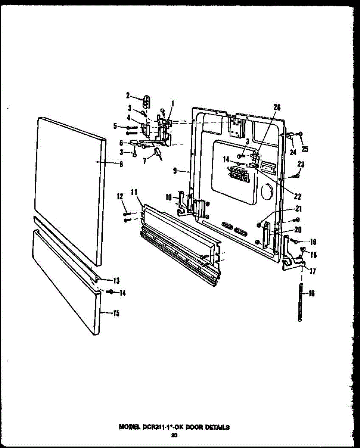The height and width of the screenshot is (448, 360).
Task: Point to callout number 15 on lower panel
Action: pos(116,313)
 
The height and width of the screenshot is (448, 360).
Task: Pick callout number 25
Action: pos(305,149)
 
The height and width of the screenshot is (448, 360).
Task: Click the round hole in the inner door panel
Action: pos(267,192)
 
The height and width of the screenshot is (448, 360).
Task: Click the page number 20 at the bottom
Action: pos(174,435)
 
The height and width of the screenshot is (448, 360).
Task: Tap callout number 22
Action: pos(298,197)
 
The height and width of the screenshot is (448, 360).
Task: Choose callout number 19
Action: pos(313,242)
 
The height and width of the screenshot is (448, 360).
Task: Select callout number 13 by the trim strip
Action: pos(116,280)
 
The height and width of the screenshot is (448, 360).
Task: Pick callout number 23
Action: pos(301,164)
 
